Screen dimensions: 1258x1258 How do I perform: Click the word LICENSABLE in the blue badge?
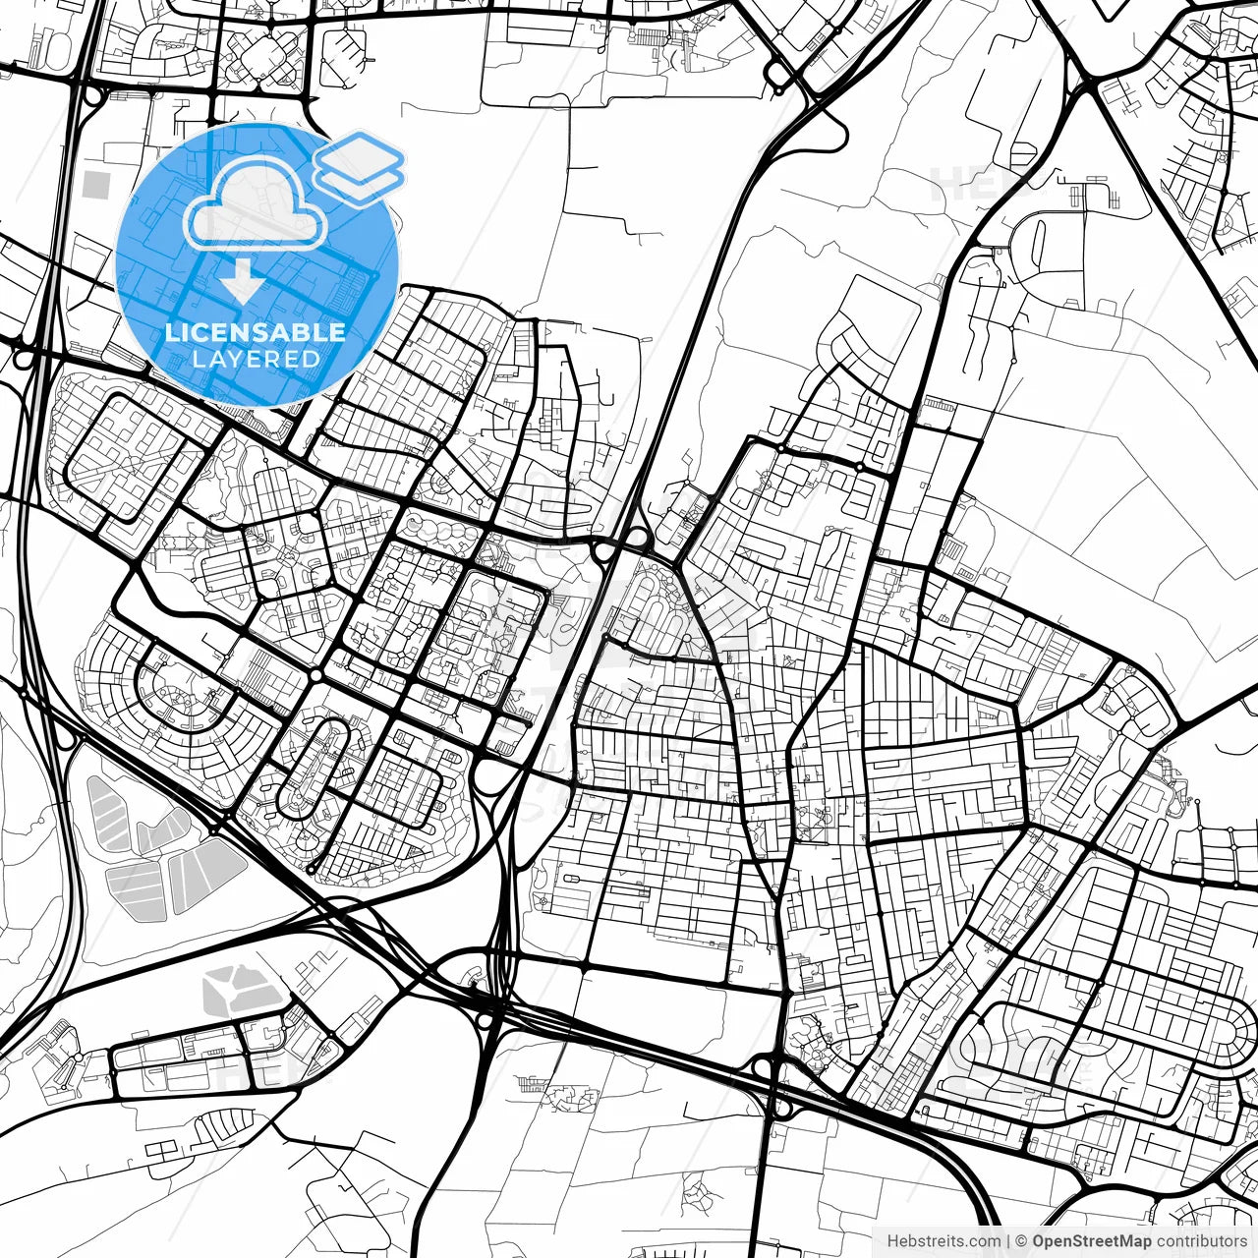coord(256,332)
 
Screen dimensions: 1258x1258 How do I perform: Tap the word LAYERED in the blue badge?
coord(256,359)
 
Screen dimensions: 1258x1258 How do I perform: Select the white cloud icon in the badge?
coord(256,203)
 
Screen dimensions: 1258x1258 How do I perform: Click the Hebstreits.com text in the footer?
coord(944,1241)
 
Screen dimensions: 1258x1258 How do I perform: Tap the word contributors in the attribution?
coord(1191,1241)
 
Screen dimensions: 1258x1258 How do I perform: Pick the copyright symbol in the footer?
coord(1021,1241)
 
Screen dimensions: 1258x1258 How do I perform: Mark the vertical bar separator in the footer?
coord(1008,1241)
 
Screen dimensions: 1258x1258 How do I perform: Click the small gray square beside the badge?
coord(96,184)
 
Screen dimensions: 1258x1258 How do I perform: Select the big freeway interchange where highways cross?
coord(491,993)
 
